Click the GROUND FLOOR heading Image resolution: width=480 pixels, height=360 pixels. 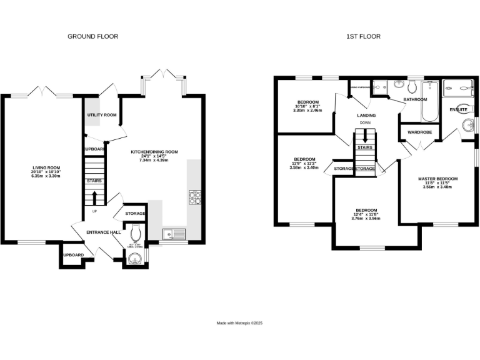point(92,36)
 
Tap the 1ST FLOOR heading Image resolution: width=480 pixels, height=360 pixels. point(363,36)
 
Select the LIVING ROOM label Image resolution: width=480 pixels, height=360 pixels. point(46,167)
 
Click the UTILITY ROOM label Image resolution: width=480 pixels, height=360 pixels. point(101,115)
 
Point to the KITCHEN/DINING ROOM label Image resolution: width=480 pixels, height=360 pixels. point(154,152)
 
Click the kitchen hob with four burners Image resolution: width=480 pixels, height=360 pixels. point(193,198)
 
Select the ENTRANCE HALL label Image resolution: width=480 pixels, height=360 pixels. point(103,232)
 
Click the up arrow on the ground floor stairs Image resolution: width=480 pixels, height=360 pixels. point(94,198)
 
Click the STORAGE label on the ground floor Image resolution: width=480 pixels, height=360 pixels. point(135,214)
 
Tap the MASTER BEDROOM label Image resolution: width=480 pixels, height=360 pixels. point(437,179)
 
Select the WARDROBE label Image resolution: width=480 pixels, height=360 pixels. point(419,132)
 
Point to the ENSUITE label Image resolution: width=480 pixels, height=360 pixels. point(458,110)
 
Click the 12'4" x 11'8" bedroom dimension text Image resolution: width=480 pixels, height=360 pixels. point(366,215)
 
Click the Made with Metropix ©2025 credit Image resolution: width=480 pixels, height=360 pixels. point(239,323)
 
